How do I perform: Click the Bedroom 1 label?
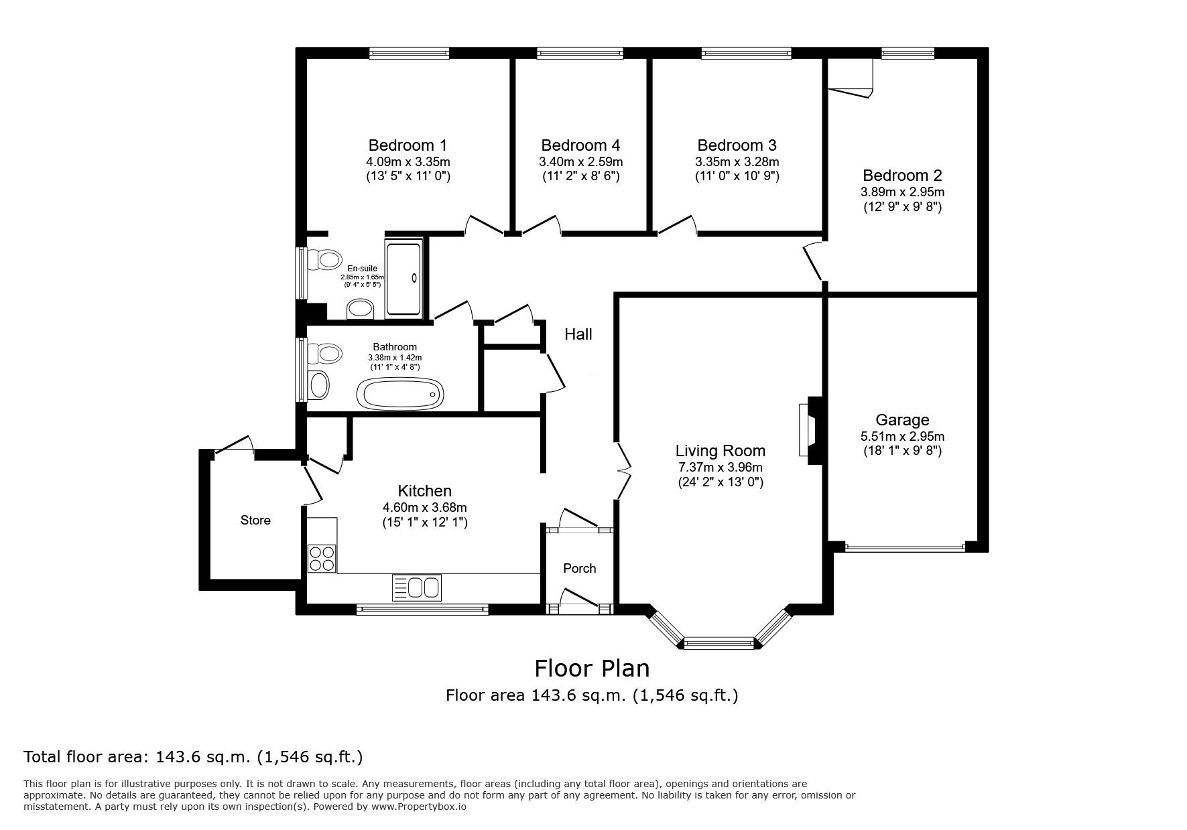coord(408,145)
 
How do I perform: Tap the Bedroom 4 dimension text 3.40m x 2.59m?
coord(580,162)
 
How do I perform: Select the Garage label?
coord(902,420)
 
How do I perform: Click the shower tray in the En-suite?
coord(403,279)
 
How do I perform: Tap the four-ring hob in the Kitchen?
coord(322,559)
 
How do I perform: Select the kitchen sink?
coord(416,587)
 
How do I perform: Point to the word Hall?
coord(578,334)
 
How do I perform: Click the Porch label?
coord(579,569)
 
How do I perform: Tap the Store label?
coord(255,521)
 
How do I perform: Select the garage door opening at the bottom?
coord(904,547)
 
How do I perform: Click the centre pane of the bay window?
coord(719,644)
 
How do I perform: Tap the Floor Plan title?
coord(592,669)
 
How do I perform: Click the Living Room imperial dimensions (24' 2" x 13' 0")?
coord(720,482)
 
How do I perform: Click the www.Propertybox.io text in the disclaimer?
coord(418,807)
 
